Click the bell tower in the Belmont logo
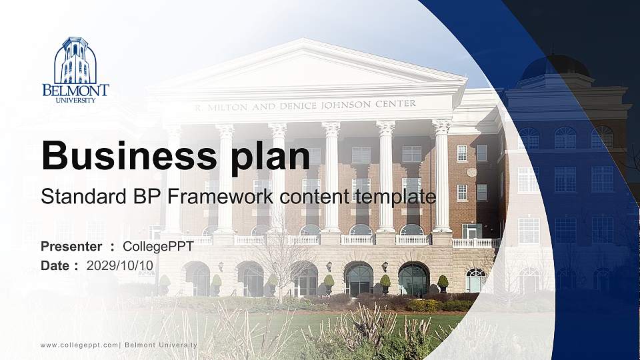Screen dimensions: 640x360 tap(75, 61)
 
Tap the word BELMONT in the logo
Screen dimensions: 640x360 tap(75, 90)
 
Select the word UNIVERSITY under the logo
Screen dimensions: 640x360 tap(75, 100)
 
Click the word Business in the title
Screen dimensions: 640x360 tap(129, 155)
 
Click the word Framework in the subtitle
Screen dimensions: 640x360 tap(220, 196)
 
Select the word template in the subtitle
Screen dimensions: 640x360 tap(395, 197)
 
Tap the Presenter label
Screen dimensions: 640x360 tap(71, 246)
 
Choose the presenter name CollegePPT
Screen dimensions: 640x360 tap(158, 247)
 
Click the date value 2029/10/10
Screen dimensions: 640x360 tap(120, 266)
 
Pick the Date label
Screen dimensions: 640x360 tap(55, 266)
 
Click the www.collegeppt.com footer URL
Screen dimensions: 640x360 tap(79, 345)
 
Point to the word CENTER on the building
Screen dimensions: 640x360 tap(395, 104)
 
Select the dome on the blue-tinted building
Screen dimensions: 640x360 tap(555, 66)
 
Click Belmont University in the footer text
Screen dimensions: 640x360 tap(161, 345)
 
